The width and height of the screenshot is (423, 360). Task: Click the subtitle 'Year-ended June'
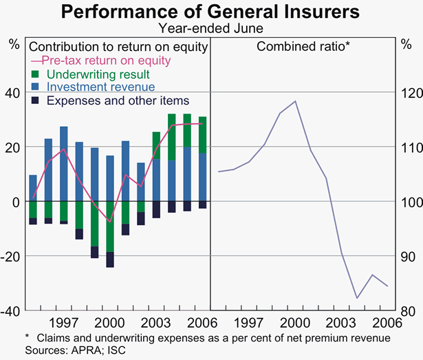[211, 28]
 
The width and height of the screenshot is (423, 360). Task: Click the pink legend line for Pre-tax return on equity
[34, 60]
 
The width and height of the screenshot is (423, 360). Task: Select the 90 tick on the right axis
[407, 256]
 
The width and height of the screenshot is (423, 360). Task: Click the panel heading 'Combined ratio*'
[303, 46]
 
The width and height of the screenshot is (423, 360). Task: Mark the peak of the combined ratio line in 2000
[295, 101]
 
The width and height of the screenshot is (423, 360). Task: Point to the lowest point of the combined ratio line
[356, 298]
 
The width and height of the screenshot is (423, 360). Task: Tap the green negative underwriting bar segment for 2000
[110, 226]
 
